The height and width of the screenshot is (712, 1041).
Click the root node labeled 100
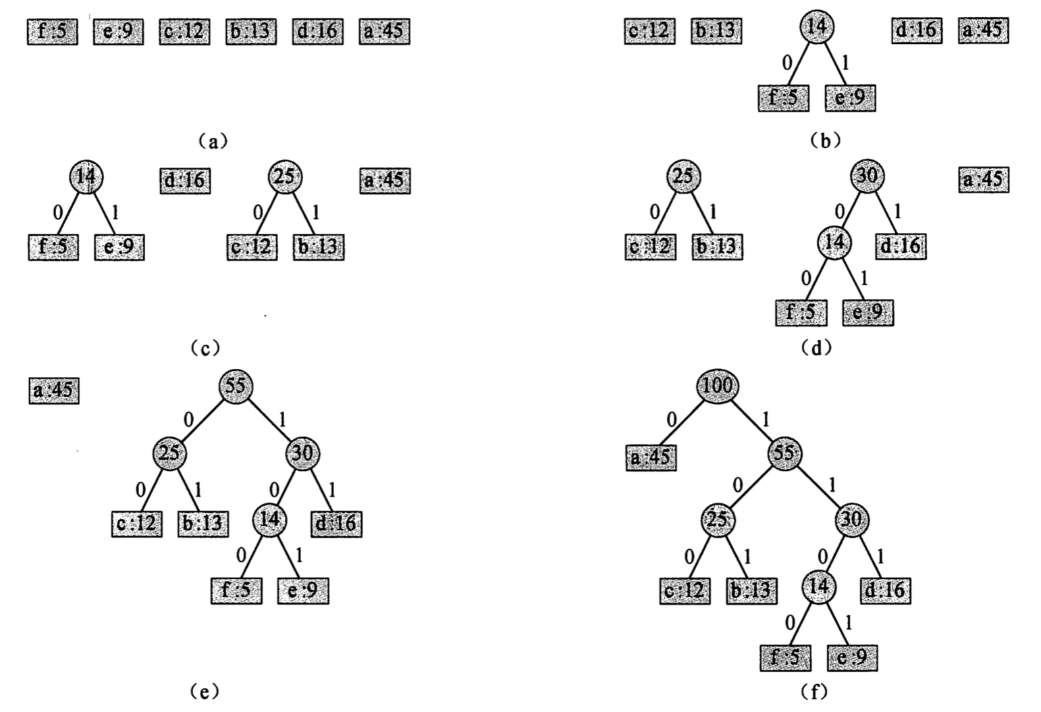point(718,386)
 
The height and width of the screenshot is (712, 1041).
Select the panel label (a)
point(214,141)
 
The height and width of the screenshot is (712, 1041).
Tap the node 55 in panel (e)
point(235,386)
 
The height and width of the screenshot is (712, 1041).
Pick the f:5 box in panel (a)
point(53,32)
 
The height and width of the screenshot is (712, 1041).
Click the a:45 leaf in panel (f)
point(651,458)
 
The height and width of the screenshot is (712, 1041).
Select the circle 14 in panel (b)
point(816,28)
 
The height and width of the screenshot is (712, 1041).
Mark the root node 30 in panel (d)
point(866,177)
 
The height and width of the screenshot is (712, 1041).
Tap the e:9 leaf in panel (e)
point(303,591)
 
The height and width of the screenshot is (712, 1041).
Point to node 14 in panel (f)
point(818,586)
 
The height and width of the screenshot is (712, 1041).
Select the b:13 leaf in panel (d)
point(717,247)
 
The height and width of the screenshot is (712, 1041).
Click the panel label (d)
point(816,348)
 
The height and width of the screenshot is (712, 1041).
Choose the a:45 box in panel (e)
point(54,391)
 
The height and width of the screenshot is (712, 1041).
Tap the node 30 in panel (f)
point(852,519)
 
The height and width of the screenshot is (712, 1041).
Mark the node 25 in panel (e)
point(169,453)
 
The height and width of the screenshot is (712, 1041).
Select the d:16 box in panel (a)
point(317,32)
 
